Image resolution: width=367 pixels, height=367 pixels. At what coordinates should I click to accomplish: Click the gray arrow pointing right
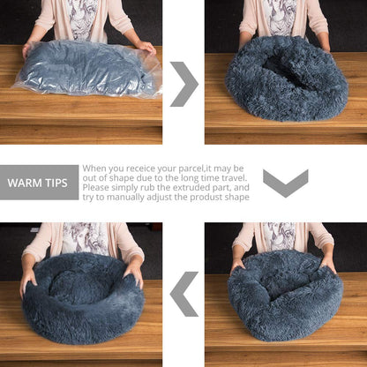[184, 85]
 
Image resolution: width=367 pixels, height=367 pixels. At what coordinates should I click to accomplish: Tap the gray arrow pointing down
[285, 183]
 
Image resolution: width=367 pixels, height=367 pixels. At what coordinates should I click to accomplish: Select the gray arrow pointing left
[184, 294]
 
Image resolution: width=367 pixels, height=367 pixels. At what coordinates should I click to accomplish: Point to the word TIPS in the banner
[60, 183]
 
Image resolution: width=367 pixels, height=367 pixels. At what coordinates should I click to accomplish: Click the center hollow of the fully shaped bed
[74, 286]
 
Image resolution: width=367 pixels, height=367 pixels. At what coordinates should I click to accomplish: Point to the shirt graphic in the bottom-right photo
[281, 236]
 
